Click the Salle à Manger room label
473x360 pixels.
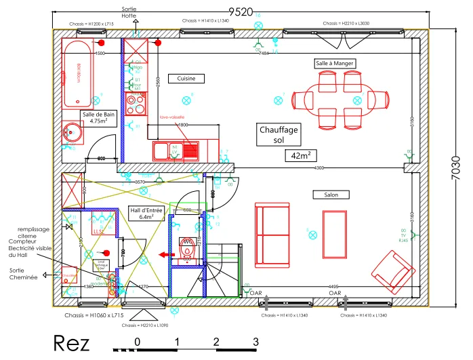pyautogui.click(x=335, y=63)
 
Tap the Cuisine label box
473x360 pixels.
pyautogui.click(x=186, y=79)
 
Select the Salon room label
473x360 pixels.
pyautogui.click(x=331, y=195)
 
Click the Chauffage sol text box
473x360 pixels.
pyautogui.click(x=279, y=134)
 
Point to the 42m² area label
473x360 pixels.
pyautogui.click(x=299, y=155)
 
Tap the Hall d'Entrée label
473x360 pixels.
pyautogui.click(x=146, y=214)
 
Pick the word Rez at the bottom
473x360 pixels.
pyautogui.click(x=71, y=343)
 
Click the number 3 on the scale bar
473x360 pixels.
pyautogui.click(x=255, y=341)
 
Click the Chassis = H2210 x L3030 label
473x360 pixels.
pyautogui.click(x=346, y=23)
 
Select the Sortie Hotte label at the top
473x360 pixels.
pyautogui.click(x=129, y=12)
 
